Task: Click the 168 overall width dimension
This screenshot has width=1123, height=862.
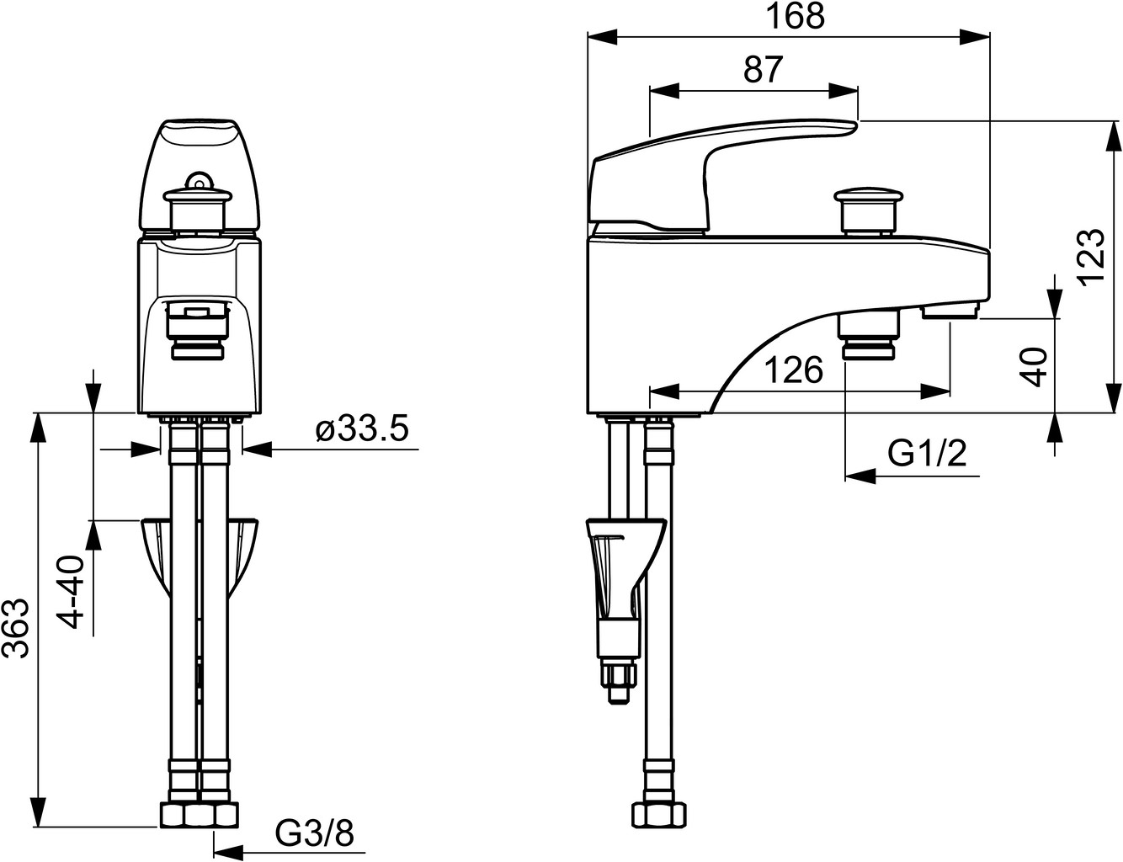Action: [795, 17]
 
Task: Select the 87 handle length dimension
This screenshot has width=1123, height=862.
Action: [764, 69]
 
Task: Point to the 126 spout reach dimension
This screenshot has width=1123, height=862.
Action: [794, 370]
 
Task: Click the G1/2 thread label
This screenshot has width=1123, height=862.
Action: [927, 454]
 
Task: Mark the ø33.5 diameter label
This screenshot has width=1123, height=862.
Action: [363, 429]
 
